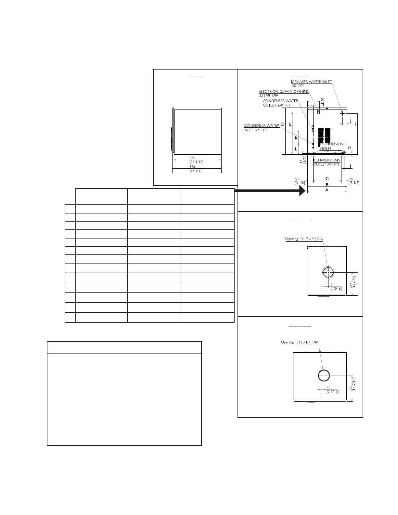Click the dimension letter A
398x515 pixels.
(x=327, y=190)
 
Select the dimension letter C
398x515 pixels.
(x=327, y=179)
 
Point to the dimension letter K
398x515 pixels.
(x=296, y=138)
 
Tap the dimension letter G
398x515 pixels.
(x=322, y=99)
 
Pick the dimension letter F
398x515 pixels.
(x=356, y=124)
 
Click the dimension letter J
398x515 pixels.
(x=350, y=121)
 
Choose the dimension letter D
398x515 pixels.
(x=283, y=124)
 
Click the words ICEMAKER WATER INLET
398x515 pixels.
(x=312, y=82)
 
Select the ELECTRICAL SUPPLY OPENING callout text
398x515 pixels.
(x=284, y=92)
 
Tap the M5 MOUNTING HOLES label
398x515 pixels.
(x=333, y=146)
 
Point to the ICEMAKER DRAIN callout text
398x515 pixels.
(x=327, y=160)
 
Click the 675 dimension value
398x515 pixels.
(x=192, y=158)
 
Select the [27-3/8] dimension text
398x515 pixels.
(x=196, y=170)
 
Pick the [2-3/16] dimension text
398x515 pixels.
(x=332, y=392)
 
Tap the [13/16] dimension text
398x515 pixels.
(x=336, y=289)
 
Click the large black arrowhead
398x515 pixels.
(x=302, y=190)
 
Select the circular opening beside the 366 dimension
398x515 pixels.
(x=324, y=375)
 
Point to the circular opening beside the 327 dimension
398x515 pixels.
(x=328, y=272)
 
